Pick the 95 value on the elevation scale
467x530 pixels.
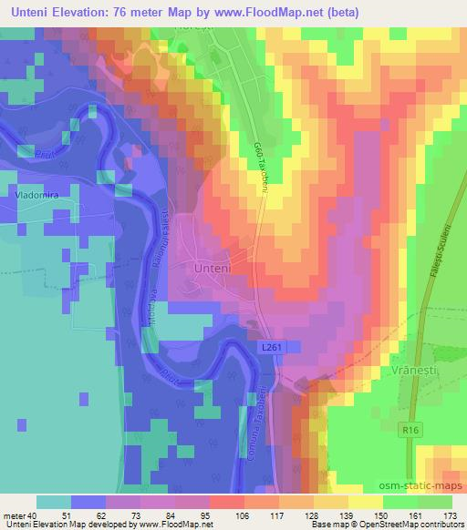click(217, 515)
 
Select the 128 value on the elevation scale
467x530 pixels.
click(312, 515)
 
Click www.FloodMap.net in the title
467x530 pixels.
click(281, 12)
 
